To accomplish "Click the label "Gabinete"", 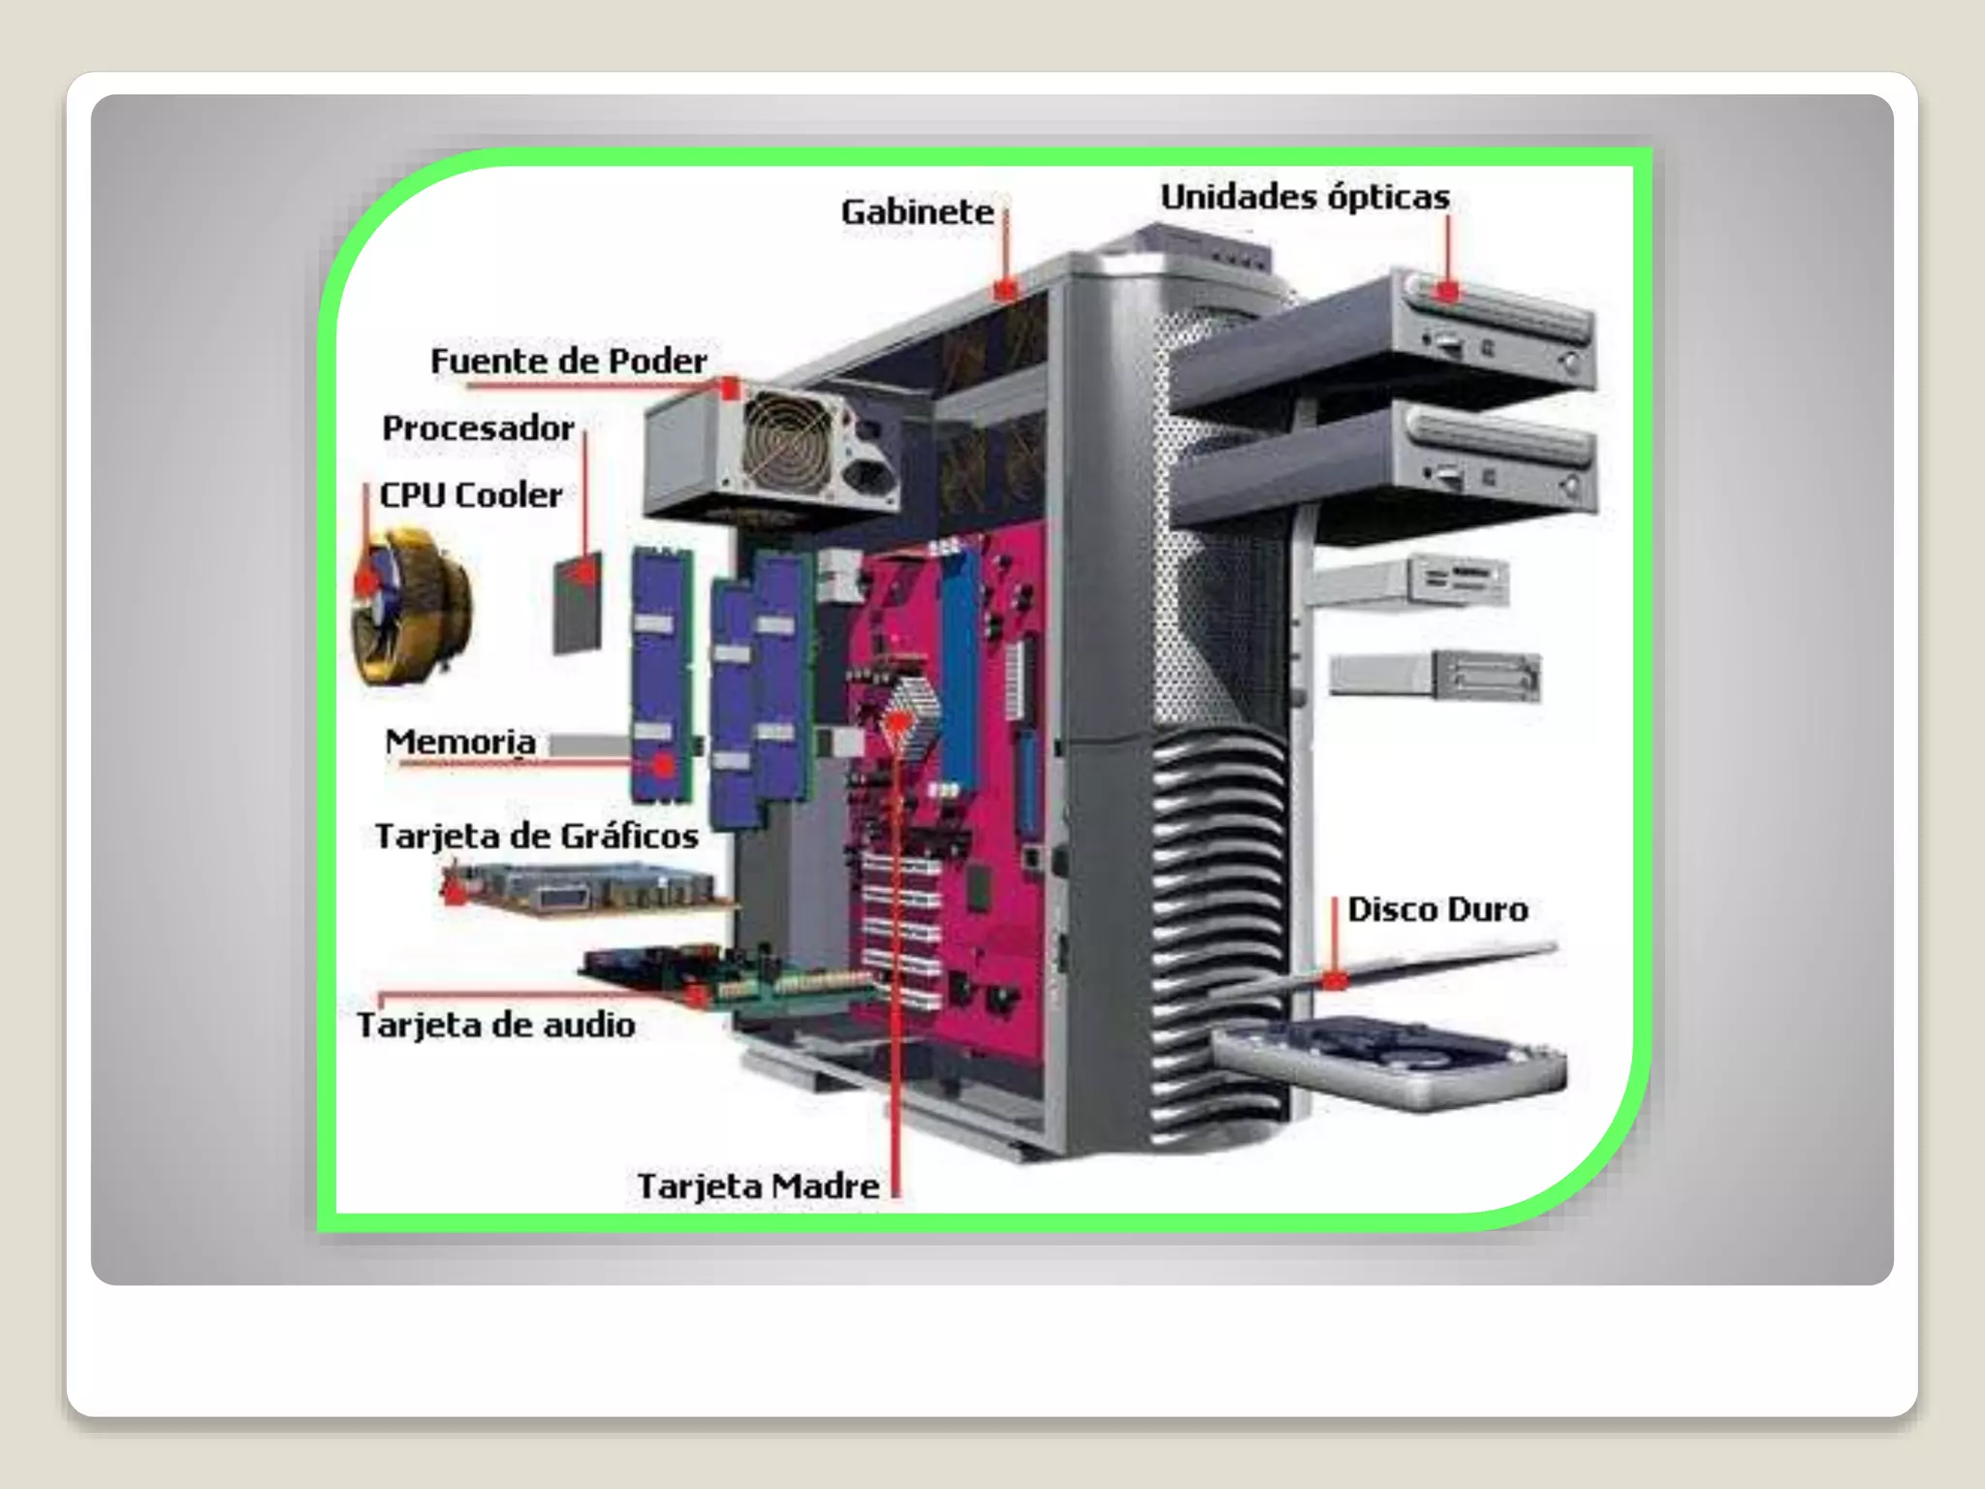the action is coord(917,211).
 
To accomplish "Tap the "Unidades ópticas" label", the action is coord(1305,197).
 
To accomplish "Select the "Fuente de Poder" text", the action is coord(568,361).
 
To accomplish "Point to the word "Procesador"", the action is coord(478,428).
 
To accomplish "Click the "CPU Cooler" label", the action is coord(470,495).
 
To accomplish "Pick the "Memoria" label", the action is coord(460,742).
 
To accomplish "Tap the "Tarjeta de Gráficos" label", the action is coord(536,836).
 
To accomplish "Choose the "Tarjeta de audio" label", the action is coord(495,1025).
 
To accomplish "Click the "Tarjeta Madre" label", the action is coord(758,1186).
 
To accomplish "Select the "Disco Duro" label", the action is coord(1437,909).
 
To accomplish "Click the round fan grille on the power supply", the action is coord(787,442).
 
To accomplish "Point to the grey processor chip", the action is coord(578,603).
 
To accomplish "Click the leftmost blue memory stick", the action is coord(662,674).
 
